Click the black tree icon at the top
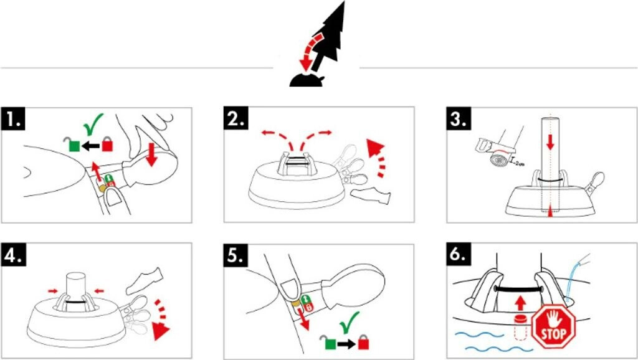click(x=324, y=44)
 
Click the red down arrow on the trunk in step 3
click(x=550, y=142)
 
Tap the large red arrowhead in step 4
click(x=160, y=332)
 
